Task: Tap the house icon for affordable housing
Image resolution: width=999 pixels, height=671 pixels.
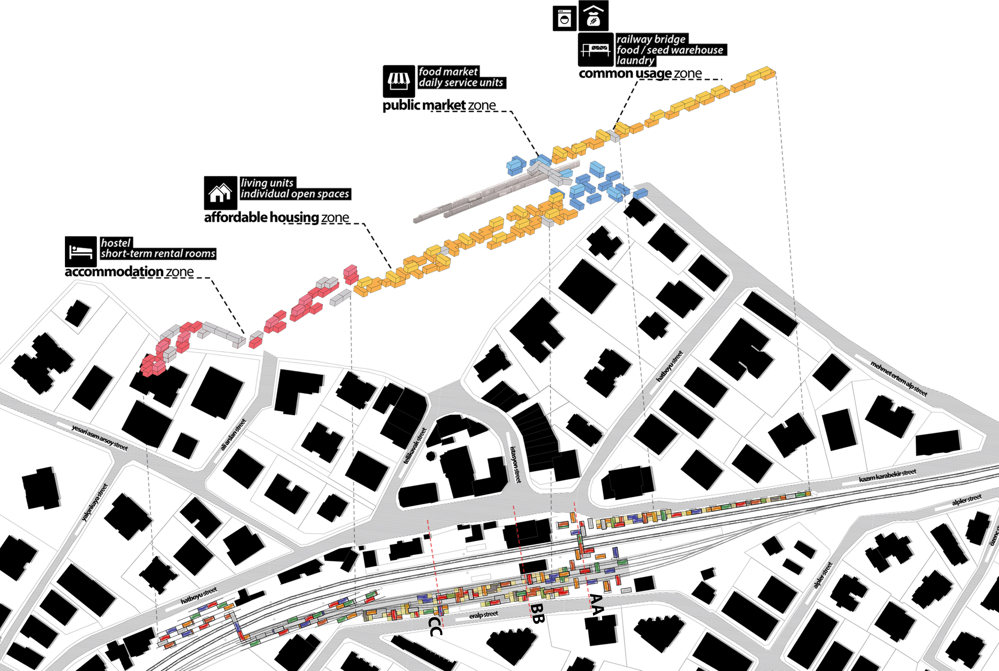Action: [x=220, y=192]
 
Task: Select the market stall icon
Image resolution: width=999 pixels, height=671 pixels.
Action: [x=398, y=81]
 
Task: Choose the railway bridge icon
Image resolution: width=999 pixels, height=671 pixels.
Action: [x=595, y=50]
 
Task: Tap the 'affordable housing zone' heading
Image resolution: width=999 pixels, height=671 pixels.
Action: [x=277, y=217]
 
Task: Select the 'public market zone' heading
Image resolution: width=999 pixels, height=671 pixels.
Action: [x=439, y=105]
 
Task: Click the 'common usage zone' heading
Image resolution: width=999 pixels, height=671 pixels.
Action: [x=640, y=74]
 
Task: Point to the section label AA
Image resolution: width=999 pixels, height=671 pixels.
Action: [x=597, y=604]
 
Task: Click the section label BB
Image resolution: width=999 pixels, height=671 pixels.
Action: [x=537, y=613]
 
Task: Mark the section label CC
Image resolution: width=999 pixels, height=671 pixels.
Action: [x=435, y=627]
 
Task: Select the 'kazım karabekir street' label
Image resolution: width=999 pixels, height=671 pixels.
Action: [x=887, y=475]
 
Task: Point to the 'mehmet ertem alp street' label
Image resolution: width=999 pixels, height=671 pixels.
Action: [x=898, y=379]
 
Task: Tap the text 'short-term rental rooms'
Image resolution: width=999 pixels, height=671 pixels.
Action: [x=158, y=253]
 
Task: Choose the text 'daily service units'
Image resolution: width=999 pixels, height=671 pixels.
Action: [x=461, y=83]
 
